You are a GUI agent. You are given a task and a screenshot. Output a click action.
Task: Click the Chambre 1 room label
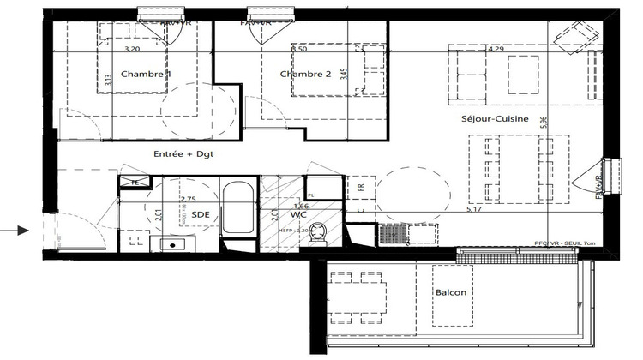pos(146,75)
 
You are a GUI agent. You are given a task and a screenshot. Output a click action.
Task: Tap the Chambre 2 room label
pos(305,75)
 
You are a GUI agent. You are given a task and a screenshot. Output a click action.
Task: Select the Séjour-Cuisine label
pos(494,119)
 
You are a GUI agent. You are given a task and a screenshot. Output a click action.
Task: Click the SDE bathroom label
pos(200,214)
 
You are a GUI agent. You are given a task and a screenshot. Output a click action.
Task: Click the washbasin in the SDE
pos(175,244)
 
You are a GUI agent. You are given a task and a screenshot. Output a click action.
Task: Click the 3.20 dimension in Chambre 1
pos(132,50)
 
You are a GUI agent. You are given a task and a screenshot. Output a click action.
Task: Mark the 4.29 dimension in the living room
pos(496,50)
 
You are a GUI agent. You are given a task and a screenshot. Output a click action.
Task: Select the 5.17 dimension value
pos(472,208)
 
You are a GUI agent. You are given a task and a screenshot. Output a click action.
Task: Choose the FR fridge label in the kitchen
pos(362,187)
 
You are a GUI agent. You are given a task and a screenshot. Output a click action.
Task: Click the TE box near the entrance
pos(135,182)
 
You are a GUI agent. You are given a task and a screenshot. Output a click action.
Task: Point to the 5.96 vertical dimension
pos(566,122)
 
